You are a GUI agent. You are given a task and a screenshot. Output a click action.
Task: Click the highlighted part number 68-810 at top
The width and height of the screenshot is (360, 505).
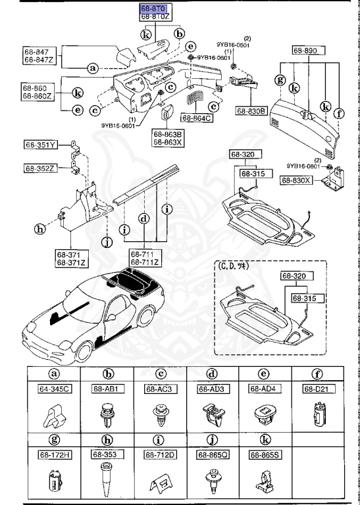tap(152, 9)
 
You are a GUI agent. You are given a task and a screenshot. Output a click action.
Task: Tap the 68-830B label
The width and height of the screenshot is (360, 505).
tap(250, 112)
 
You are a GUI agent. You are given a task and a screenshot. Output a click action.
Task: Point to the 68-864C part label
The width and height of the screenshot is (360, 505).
tap(199, 118)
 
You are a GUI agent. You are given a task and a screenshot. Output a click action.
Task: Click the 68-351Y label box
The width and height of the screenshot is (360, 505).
tap(41, 145)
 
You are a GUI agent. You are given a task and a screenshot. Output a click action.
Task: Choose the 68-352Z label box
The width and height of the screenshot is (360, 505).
tap(41, 168)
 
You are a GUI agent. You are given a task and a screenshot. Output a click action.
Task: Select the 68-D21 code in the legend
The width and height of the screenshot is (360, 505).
tap(318, 389)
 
